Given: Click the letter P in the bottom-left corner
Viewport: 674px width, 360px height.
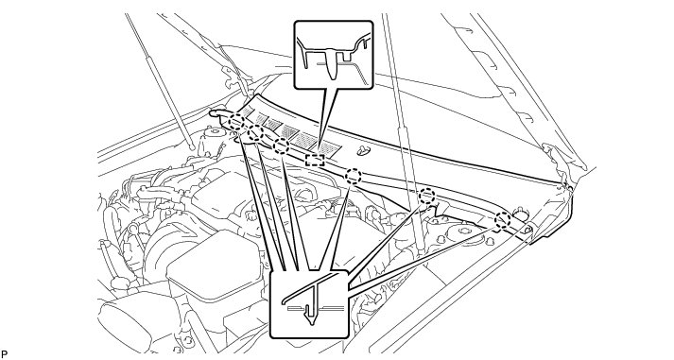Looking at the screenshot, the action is coord(5,354).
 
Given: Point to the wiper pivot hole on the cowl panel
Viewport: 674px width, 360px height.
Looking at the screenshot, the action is coord(364,150).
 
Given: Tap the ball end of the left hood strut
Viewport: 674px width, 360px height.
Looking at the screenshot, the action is coord(192,147).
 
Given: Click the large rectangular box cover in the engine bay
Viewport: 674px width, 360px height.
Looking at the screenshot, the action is coord(214,266).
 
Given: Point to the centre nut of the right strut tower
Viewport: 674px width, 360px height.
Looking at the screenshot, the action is coord(460,231).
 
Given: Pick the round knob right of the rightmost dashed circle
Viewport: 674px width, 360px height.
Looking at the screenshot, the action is coord(521,214).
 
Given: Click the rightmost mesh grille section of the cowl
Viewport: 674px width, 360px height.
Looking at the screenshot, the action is coord(330,147).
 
